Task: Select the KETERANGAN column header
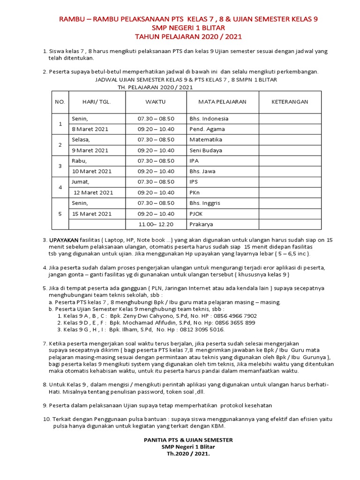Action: click(x=290, y=102)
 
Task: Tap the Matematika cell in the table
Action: click(x=205, y=140)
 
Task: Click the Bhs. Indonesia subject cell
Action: click(x=209, y=119)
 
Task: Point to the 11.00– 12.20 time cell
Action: click(x=156, y=225)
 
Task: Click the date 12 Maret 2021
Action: click(x=93, y=192)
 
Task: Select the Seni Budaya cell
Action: click(x=206, y=150)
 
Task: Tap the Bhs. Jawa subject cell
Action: click(x=202, y=171)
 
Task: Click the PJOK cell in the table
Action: click(x=197, y=214)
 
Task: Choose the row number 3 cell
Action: click(x=60, y=166)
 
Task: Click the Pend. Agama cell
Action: click(x=207, y=129)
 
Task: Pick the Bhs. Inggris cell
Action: click(x=205, y=203)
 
